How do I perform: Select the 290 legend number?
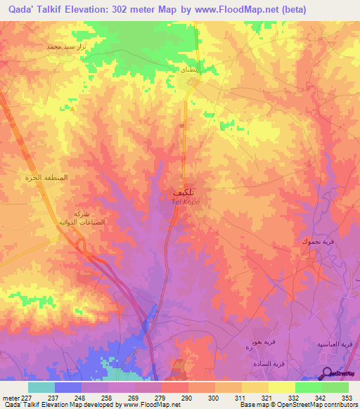[188, 397]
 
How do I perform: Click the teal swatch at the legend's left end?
[41, 387]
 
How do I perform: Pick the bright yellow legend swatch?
[281, 387]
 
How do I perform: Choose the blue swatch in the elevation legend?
[68, 387]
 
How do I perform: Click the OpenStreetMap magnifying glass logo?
[328, 373]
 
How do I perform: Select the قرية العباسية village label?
[337, 345]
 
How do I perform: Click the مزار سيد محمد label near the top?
[64, 46]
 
